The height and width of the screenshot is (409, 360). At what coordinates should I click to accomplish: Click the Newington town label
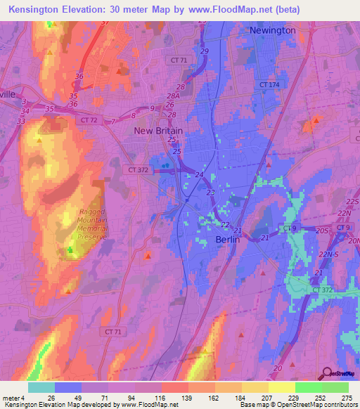tap(273, 31)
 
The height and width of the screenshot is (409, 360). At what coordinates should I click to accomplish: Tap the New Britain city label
tap(158, 131)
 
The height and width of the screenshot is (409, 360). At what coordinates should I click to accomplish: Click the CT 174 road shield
tap(269, 85)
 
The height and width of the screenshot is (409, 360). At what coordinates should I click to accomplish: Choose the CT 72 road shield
tap(89, 120)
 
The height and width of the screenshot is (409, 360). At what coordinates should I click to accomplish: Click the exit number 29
tap(204, 53)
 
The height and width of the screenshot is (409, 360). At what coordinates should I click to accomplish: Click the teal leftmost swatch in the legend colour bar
tap(41, 387)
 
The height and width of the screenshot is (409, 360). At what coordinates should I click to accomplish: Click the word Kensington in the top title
tap(36, 9)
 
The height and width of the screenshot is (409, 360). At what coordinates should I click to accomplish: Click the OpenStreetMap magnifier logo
tap(326, 374)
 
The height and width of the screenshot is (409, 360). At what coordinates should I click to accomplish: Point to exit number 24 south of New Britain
tap(200, 175)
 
